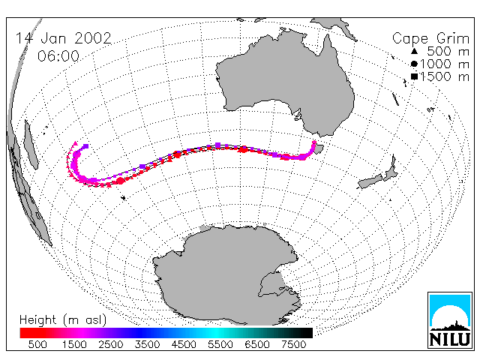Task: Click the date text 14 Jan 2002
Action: click(64, 38)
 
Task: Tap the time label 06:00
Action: click(58, 56)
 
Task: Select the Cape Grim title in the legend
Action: click(430, 39)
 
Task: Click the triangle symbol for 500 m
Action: click(414, 51)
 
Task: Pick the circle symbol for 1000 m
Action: click(414, 64)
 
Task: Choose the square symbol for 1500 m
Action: click(414, 76)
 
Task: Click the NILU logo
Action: click(450, 320)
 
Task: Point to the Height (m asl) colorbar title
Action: click(63, 320)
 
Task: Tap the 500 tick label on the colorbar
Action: click(37, 344)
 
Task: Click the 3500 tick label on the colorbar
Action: click(147, 344)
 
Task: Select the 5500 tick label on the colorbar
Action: click(220, 344)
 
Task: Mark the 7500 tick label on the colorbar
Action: click(293, 344)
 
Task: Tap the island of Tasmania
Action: click(319, 149)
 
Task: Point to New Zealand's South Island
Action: click(370, 181)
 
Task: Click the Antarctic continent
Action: click(226, 275)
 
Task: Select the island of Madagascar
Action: click(31, 145)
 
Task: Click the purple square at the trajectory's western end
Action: click(86, 146)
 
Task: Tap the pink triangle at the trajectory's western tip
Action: click(75, 143)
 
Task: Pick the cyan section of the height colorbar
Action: click(214, 333)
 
